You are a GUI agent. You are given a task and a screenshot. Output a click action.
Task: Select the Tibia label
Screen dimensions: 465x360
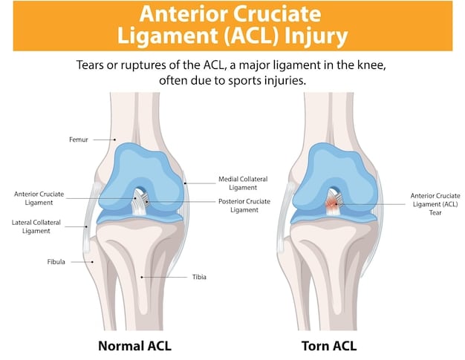tap(198, 277)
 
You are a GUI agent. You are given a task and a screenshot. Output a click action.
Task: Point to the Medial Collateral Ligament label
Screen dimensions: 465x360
tap(243, 183)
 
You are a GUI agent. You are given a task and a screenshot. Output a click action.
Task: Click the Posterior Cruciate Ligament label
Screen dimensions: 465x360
tap(244, 205)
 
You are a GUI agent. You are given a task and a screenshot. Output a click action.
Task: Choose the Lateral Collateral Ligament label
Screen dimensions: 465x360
tap(31, 226)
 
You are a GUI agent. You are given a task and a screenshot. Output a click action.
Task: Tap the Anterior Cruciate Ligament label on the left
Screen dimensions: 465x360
tap(39, 198)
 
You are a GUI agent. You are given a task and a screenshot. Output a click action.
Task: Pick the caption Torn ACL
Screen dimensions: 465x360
tap(329, 345)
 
